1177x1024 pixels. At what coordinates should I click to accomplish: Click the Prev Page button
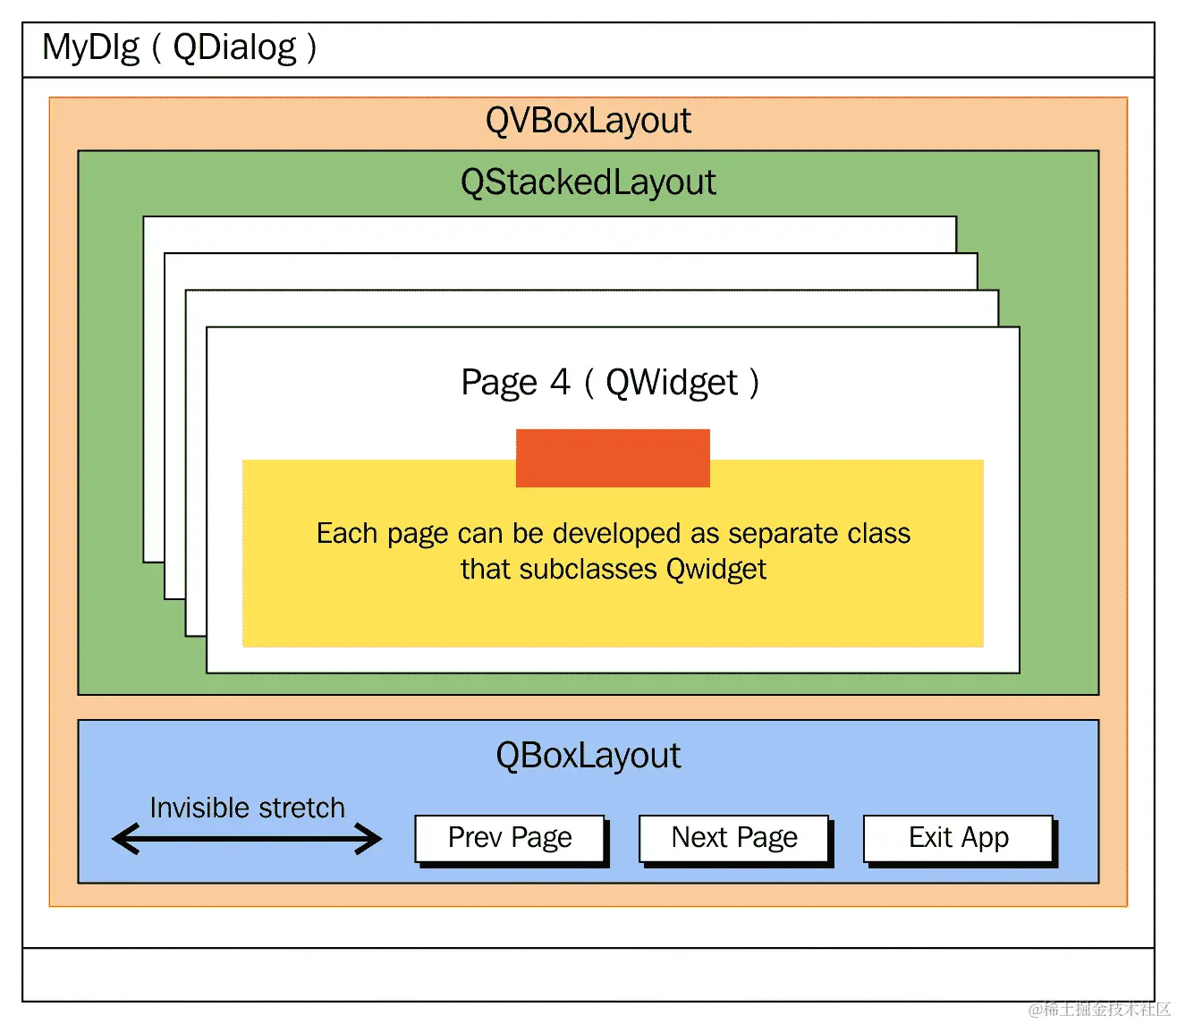pyautogui.click(x=510, y=838)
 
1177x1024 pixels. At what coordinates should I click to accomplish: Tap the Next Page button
pyautogui.click(x=734, y=838)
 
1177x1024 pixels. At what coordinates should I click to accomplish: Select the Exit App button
pyautogui.click(x=959, y=838)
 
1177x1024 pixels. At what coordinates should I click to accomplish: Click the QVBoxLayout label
pyautogui.click(x=588, y=121)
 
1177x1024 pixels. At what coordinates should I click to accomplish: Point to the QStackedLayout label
pyautogui.click(x=588, y=182)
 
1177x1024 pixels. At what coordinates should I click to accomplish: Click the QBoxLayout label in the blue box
pyautogui.click(x=588, y=756)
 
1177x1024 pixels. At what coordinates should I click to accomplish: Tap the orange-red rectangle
pyautogui.click(x=613, y=458)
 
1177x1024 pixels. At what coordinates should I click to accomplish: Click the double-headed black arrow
pyautogui.click(x=247, y=839)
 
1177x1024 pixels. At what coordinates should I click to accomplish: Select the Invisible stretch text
pyautogui.click(x=248, y=808)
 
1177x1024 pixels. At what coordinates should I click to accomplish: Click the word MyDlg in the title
pyautogui.click(x=90, y=47)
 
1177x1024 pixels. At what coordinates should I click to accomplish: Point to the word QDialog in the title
pyautogui.click(x=234, y=47)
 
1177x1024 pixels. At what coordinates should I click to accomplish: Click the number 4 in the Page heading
pyautogui.click(x=560, y=382)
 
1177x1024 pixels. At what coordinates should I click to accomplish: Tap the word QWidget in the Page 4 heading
pyautogui.click(x=672, y=383)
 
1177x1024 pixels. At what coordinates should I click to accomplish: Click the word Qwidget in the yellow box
pyautogui.click(x=716, y=570)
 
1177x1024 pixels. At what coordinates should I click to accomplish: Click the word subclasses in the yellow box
pyautogui.click(x=588, y=570)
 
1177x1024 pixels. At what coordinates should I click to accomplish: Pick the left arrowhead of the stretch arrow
pyautogui.click(x=125, y=839)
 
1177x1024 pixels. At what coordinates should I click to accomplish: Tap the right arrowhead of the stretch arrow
pyautogui.click(x=368, y=839)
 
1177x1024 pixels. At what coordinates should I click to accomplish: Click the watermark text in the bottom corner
pyautogui.click(x=1099, y=1009)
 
